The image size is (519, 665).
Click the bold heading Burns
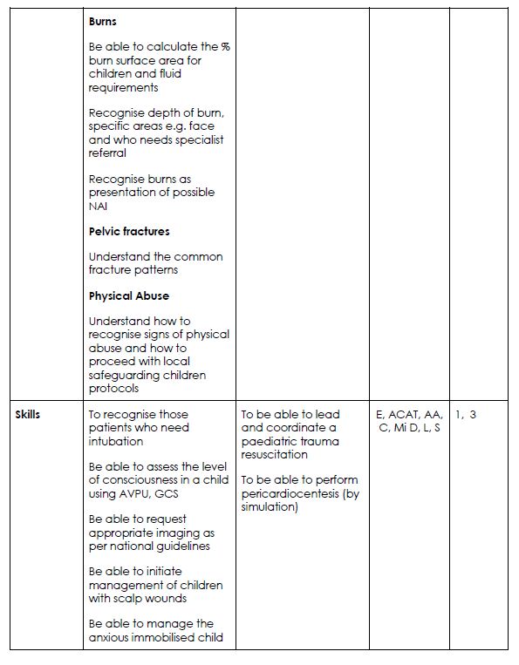click(x=103, y=21)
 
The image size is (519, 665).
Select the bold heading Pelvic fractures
click(x=129, y=231)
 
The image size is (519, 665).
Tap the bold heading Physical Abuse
click(x=128, y=295)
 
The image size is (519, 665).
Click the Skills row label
click(x=28, y=414)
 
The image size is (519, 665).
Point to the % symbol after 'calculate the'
click(x=225, y=47)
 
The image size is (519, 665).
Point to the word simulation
click(x=269, y=506)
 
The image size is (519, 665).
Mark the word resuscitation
click(x=274, y=454)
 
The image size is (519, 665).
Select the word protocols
click(x=113, y=388)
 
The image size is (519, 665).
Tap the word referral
click(x=107, y=153)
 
